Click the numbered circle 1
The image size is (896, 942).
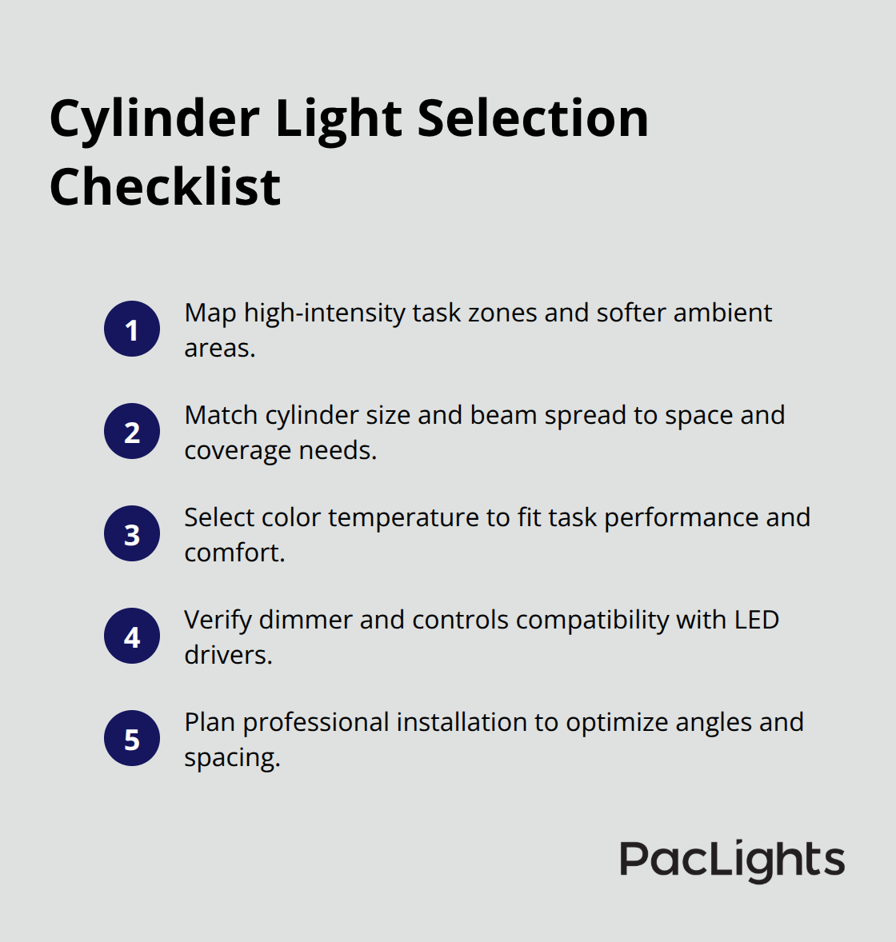pyautogui.click(x=132, y=329)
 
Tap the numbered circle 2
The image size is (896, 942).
pyautogui.click(x=132, y=432)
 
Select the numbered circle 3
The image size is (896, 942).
pyautogui.click(x=132, y=534)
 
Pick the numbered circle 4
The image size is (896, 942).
pyautogui.click(x=132, y=637)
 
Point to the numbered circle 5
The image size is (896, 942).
pyautogui.click(x=132, y=739)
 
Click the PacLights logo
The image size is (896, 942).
pyautogui.click(x=732, y=860)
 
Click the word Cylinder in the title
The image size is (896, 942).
pyautogui.click(x=154, y=119)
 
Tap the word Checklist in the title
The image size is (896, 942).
pyautogui.click(x=165, y=187)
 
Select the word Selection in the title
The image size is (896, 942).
pyautogui.click(x=533, y=119)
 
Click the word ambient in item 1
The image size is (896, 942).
pyautogui.click(x=722, y=313)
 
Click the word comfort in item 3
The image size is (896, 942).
pyautogui.click(x=232, y=553)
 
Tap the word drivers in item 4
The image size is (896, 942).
pyautogui.click(x=227, y=655)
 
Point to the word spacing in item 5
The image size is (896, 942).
pyautogui.click(x=230, y=757)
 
